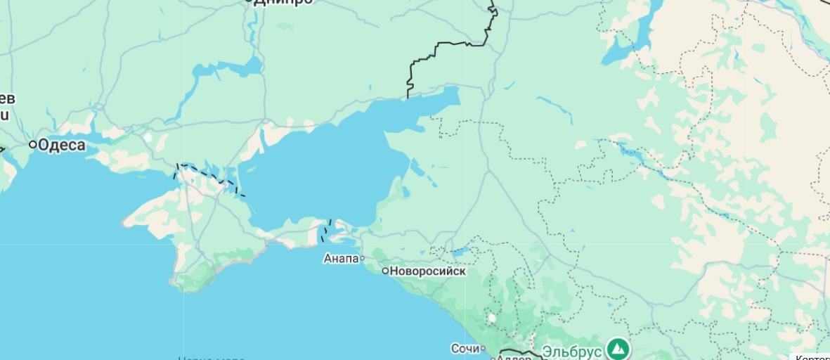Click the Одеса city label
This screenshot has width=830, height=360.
tap(62, 146)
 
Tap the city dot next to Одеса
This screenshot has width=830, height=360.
tap(32, 144)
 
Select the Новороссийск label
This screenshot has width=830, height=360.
tap(428, 271)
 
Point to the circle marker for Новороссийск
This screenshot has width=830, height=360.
tap(385, 271)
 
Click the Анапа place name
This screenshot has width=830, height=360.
tap(341, 259)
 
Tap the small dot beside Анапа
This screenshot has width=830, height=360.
tap(363, 259)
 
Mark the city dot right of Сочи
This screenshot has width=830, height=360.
tap(483, 348)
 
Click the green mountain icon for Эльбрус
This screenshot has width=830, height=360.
tap(618, 348)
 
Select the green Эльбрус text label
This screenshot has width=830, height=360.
tap(571, 350)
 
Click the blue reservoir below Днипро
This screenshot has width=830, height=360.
tap(225, 69)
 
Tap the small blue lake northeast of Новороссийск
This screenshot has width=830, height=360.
tap(460, 250)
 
